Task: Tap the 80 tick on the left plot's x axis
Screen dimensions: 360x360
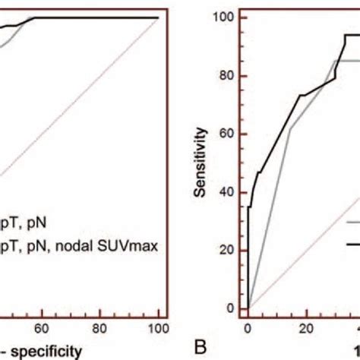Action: (x=100, y=308)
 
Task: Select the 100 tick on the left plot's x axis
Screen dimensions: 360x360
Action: (x=157, y=308)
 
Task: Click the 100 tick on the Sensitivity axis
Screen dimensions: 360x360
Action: (x=229, y=17)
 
